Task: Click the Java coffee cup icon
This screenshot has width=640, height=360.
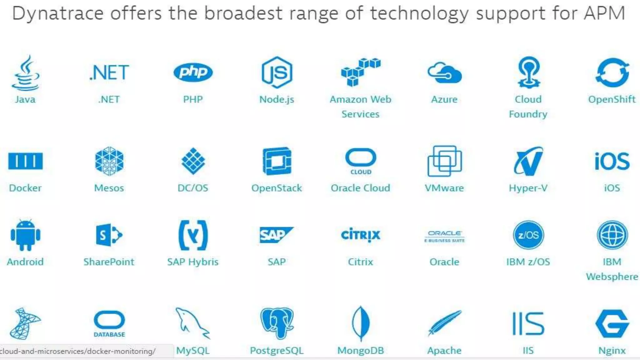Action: tap(26, 73)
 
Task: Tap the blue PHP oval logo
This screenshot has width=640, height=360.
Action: tap(193, 72)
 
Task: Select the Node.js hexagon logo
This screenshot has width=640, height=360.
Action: tap(277, 72)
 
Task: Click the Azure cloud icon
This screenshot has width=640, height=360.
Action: tap(444, 73)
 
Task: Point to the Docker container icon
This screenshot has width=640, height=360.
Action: tap(25, 161)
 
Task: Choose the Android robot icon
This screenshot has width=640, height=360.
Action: tap(25, 235)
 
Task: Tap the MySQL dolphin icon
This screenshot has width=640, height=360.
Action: tap(192, 323)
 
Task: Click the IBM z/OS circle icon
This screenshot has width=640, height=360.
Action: tap(528, 235)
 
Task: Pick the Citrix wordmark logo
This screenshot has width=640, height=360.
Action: tap(360, 235)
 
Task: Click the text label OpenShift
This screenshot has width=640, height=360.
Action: tap(612, 99)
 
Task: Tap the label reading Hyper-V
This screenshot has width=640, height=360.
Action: tap(528, 188)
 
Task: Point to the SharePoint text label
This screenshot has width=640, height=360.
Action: tap(109, 262)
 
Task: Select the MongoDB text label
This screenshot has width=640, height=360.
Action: tap(360, 351)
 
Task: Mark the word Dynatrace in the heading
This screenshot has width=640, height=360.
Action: tap(58, 13)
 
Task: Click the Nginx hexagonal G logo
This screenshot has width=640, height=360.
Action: tap(612, 324)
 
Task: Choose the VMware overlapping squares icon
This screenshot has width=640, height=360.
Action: tap(444, 161)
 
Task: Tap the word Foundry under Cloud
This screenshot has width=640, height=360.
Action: tap(528, 114)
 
